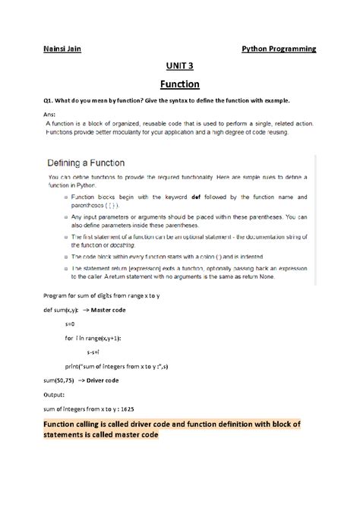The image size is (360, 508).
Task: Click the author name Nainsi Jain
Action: [x=62, y=49]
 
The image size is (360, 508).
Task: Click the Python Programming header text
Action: [x=279, y=49]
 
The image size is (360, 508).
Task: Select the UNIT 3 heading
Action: [x=179, y=67]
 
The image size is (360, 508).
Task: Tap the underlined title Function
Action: [x=179, y=84]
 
